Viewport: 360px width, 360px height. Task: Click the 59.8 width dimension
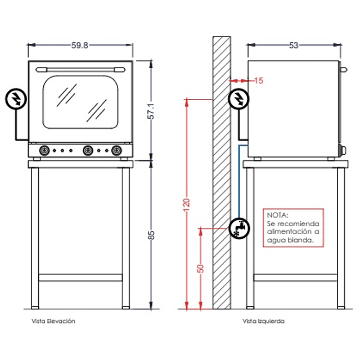tap(80, 46)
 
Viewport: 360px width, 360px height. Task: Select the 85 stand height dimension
tap(151, 235)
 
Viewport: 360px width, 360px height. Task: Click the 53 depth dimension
tap(294, 46)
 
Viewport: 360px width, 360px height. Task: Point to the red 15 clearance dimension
tap(258, 81)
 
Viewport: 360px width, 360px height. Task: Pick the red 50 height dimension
tap(200, 269)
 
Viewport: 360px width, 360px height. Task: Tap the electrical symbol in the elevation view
tap(15, 99)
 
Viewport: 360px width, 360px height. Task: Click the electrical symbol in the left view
tap(238, 99)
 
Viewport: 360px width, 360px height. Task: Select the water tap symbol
tap(238, 228)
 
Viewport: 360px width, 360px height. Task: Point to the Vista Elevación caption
tap(53, 321)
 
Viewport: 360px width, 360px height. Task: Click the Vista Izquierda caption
tap(264, 321)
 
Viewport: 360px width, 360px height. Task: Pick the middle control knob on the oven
tap(87, 150)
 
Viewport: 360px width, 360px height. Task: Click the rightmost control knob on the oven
tap(116, 150)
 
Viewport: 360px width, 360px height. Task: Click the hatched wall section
tap(222, 169)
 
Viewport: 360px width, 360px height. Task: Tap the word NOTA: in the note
tap(277, 215)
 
